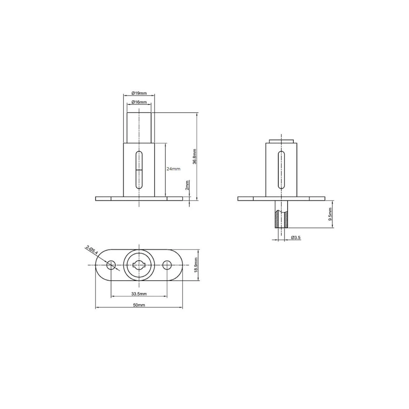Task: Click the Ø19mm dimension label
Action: coord(139,93)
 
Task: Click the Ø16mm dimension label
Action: coord(139,102)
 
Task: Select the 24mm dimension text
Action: coord(173,169)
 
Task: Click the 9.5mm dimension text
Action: coord(330,214)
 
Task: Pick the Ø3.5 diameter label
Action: coord(296,238)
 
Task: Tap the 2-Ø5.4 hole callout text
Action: coord(92,250)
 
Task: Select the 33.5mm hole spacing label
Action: coord(139,294)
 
